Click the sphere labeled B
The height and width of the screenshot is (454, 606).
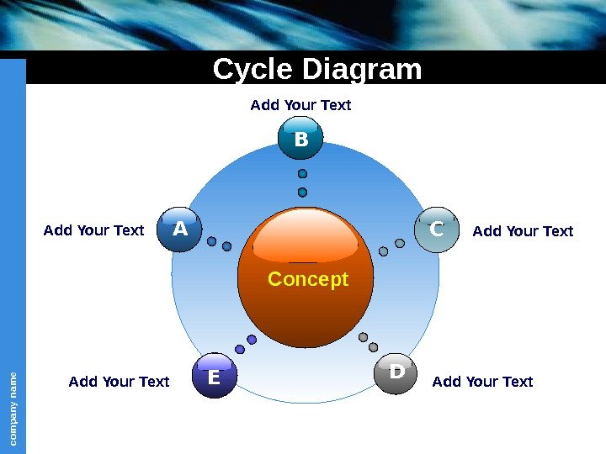point(301,140)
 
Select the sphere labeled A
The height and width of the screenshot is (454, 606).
point(178,230)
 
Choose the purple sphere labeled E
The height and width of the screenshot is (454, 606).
point(213,377)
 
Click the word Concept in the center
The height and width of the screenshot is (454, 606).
point(307,279)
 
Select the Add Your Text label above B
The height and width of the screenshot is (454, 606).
point(300,105)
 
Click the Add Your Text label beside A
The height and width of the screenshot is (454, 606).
point(93,230)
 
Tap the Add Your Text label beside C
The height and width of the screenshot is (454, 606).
point(523,231)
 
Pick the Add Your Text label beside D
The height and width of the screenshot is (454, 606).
point(482,382)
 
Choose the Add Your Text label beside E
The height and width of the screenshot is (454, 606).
point(119,382)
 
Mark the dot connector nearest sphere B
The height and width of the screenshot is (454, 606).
point(302,174)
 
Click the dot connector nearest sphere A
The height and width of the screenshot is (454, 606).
point(212,242)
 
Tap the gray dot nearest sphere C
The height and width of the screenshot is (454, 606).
point(400,243)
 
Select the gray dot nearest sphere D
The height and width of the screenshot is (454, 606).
point(374,346)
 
